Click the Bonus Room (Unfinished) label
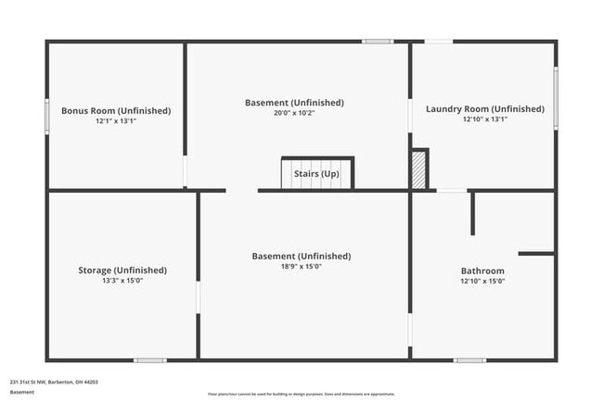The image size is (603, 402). tap(116, 110)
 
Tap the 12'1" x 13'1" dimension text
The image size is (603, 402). tap(116, 121)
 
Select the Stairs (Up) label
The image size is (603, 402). tap(316, 173)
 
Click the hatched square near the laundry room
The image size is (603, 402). tap(419, 170)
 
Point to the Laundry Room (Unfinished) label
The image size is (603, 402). tap(485, 108)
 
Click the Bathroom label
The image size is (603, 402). tap(482, 270)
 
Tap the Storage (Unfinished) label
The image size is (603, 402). tap(122, 270)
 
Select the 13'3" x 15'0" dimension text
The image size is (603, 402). tap(122, 281)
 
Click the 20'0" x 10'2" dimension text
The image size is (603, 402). tap(294, 113)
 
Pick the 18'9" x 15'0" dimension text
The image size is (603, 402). tap(301, 267)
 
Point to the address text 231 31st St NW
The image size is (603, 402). tap(54, 381)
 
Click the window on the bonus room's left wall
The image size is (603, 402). tap(47, 117)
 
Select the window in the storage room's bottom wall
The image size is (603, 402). tap(150, 359)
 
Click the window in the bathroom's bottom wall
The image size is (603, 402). tap(469, 359)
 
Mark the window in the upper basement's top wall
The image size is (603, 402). tap(378, 41)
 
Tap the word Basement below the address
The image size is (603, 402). tap(22, 392)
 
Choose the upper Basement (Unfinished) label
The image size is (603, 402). tap(294, 102)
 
